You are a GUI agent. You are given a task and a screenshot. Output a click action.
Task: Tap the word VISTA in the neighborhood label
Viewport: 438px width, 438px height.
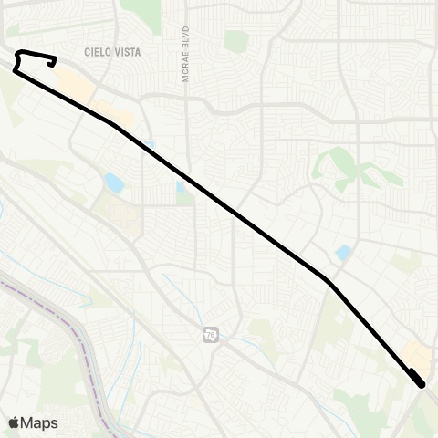pyautogui.click(x=128, y=53)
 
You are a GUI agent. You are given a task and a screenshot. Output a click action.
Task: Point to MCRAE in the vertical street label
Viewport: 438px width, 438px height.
pyautogui.click(x=185, y=70)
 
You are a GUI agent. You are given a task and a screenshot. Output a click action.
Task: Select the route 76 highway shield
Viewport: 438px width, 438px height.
pyautogui.click(x=211, y=335)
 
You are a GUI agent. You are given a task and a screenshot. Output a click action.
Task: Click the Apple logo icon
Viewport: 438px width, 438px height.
pyautogui.click(x=15, y=422)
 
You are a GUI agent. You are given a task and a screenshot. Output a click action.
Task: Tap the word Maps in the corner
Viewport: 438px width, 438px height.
pyautogui.click(x=39, y=422)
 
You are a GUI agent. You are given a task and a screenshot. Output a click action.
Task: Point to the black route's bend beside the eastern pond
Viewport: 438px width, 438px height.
pyautogui.click(x=327, y=278)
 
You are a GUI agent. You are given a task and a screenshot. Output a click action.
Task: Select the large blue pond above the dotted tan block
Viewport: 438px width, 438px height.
pyautogui.click(x=114, y=182)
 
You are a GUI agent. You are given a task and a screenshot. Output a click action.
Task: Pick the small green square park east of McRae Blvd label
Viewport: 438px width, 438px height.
pyautogui.click(x=237, y=41)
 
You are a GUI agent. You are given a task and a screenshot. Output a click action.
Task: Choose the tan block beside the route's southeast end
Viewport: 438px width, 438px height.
pyautogui.click(x=416, y=356)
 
